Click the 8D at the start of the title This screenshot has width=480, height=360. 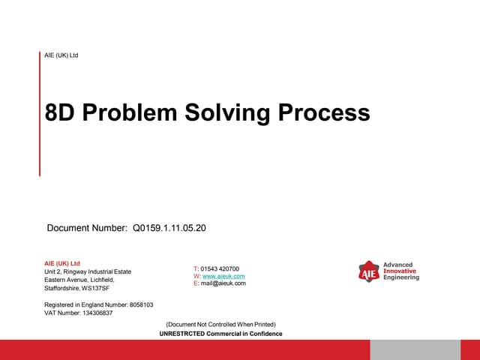(x=60, y=112)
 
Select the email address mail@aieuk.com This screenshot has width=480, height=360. (x=223, y=283)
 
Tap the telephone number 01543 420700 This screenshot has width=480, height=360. (x=220, y=268)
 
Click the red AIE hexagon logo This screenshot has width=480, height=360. (x=368, y=271)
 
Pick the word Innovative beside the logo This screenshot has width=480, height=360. (x=401, y=271)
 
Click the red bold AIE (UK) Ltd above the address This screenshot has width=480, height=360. (x=62, y=263)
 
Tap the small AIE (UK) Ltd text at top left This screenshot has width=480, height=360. (x=62, y=55)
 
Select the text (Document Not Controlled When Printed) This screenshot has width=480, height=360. (x=220, y=325)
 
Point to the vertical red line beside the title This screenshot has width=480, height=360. (x=40, y=113)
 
